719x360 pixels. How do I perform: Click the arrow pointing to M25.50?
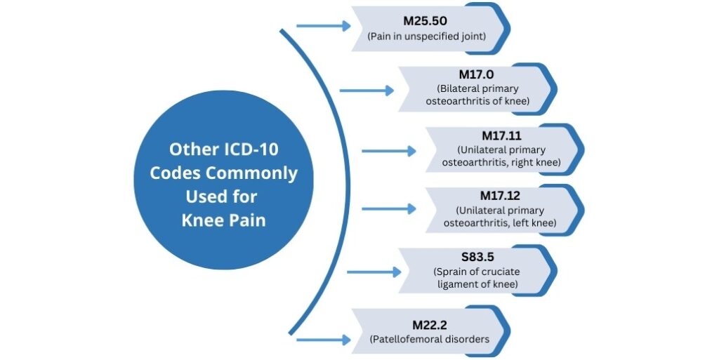[323, 26]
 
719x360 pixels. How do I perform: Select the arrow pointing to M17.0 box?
[367, 90]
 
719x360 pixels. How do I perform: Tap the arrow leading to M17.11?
[388, 150]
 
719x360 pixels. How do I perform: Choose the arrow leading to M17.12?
[388, 208]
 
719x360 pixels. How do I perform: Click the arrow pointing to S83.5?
[371, 271]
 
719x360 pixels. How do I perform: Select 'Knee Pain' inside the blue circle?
[223, 219]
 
